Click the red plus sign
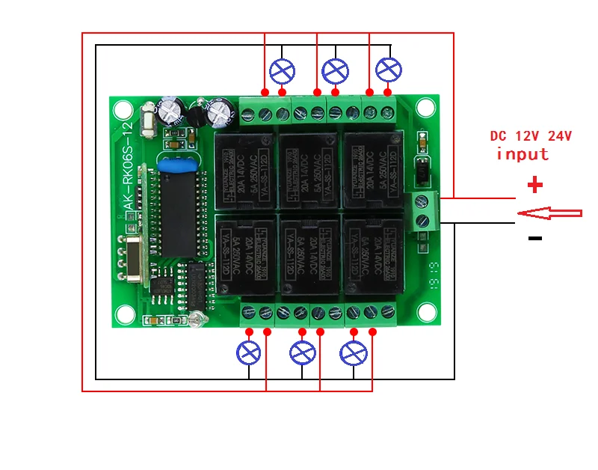[534, 184]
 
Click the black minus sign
[534, 239]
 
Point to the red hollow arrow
[549, 213]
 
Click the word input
[523, 154]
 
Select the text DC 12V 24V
[531, 136]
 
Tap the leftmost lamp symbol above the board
[281, 71]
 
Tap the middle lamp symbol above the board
[335, 71]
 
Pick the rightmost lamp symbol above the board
[388, 70]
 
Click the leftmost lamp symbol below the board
[248, 352]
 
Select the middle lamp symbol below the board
[302, 352]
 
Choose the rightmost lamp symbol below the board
[354, 352]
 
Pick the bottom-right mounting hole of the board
[426, 311]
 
